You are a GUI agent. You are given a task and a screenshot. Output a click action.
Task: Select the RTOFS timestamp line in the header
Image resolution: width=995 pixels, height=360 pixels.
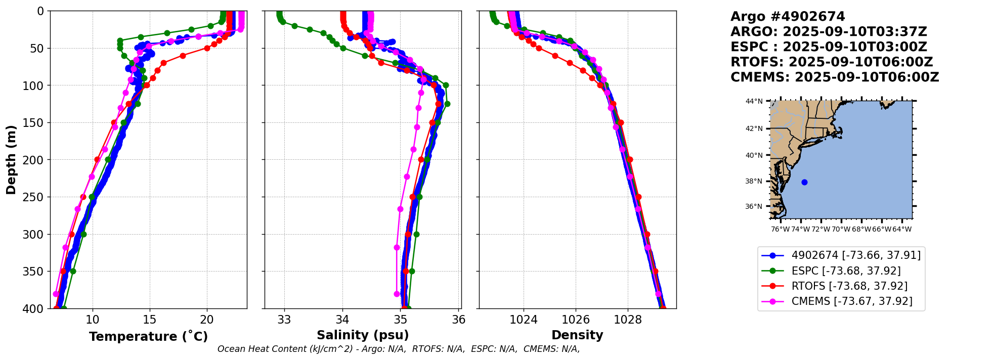[832, 62]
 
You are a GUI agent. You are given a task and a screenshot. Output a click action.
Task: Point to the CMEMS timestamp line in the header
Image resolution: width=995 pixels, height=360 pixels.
[835, 77]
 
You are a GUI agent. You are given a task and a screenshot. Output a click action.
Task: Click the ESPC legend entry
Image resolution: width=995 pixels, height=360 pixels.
[846, 271]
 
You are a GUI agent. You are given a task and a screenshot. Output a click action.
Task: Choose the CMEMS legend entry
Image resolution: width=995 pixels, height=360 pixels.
[852, 301]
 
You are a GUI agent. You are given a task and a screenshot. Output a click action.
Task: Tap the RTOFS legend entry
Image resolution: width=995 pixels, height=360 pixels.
[849, 286]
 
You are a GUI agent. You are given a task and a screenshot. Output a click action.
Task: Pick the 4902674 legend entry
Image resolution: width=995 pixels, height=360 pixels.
[856, 255]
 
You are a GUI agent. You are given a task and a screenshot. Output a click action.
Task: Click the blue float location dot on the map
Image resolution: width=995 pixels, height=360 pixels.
[804, 182]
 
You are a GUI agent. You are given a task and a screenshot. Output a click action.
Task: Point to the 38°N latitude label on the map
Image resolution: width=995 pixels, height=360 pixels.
[754, 181]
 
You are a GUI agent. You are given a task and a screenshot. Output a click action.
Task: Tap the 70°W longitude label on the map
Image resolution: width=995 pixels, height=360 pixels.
[841, 230]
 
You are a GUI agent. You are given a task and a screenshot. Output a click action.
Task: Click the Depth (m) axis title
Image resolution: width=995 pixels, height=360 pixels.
[11, 160]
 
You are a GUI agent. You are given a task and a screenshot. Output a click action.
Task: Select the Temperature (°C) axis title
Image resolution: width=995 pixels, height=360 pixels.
[148, 337]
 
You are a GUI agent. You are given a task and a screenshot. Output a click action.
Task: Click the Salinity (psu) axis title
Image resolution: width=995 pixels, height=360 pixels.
[363, 335]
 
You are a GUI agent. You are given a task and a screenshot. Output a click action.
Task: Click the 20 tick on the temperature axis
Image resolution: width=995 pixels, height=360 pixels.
[207, 320]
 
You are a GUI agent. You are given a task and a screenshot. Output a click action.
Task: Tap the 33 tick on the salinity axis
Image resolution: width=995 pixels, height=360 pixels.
[284, 320]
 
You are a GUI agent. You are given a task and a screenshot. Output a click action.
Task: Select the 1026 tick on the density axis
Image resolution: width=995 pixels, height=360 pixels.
[576, 320]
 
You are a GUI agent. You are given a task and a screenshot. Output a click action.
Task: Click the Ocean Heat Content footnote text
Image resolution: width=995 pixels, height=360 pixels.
[399, 349]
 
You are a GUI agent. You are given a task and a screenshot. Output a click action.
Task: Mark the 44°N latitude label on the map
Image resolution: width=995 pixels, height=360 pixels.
[754, 101]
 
